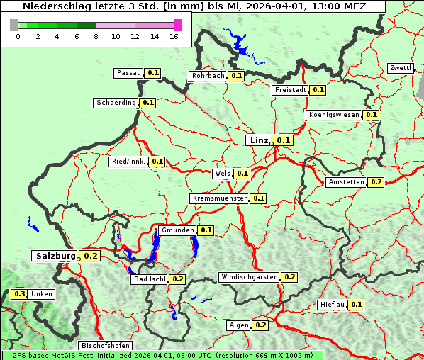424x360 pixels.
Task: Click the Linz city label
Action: pos(259,140)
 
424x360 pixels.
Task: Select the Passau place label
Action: pos(129,73)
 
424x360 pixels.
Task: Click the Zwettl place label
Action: pos(400,68)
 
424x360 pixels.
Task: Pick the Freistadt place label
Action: pos(290,90)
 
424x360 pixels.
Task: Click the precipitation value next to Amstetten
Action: pos(376,182)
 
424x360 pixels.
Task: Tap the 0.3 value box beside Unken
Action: pos(19,294)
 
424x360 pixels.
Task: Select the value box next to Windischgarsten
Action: pos(289,277)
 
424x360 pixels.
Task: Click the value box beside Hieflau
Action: pos(357,305)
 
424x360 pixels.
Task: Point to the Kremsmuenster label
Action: pos(219,198)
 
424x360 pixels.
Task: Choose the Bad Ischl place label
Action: pos(149,279)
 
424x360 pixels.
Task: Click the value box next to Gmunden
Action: pos(206,230)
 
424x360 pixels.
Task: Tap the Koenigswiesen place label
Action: pos(334,114)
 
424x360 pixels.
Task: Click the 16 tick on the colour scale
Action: pos(174,36)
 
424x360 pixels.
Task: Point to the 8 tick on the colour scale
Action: pos(96,36)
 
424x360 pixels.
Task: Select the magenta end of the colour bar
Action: pos(177,25)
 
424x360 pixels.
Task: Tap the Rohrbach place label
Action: pos(208,76)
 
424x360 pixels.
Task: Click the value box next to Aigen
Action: pos(260,325)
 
